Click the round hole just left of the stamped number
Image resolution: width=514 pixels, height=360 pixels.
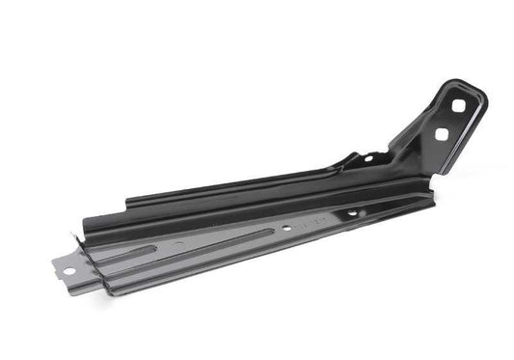[287, 228]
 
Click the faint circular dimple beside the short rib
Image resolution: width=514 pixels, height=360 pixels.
[178, 246]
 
